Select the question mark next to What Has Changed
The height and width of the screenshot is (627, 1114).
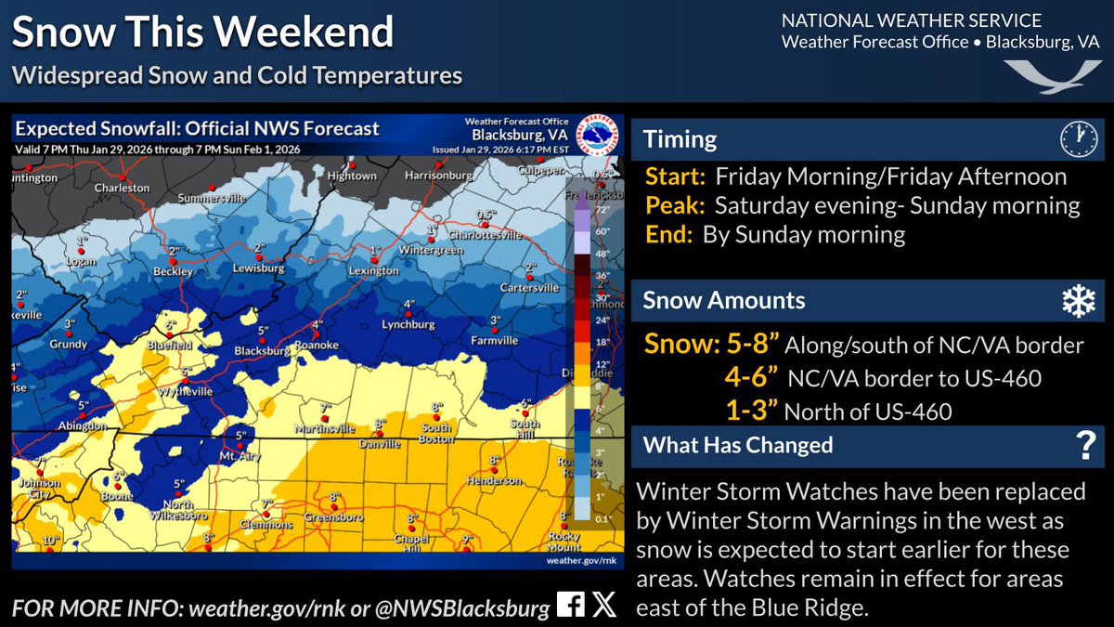[x=1083, y=447]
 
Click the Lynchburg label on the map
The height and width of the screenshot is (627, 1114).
[x=408, y=324]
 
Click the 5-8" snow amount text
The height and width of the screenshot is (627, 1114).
[x=712, y=345]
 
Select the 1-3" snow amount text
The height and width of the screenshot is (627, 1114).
[x=752, y=410]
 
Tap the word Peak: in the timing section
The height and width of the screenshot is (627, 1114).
[x=674, y=205]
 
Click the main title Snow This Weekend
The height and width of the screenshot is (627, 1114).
[x=202, y=33]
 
